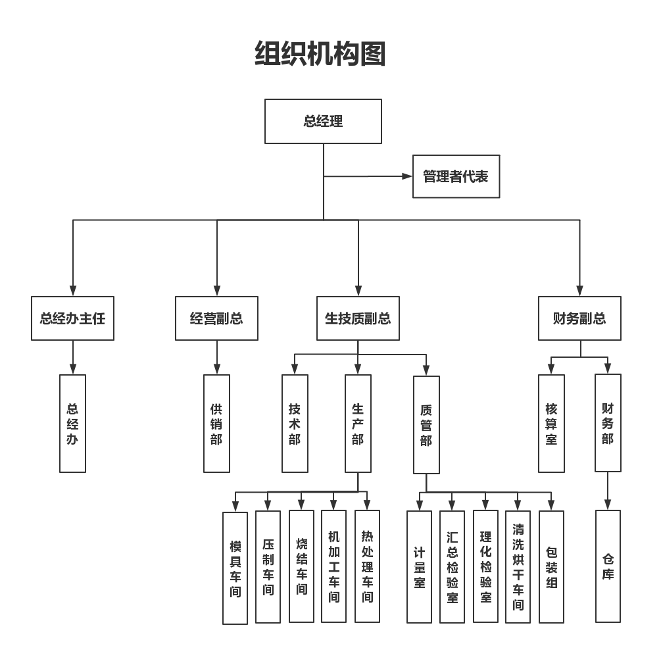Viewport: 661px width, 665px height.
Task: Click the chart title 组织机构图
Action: click(x=320, y=55)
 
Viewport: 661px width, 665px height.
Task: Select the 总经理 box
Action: click(x=323, y=122)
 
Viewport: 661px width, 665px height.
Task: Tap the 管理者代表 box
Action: click(x=456, y=176)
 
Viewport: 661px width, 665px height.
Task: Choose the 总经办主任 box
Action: click(x=72, y=318)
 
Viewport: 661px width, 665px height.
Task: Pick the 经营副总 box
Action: click(x=216, y=318)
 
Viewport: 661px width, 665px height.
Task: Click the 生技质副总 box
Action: click(x=358, y=318)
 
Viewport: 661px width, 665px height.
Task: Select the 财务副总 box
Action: click(x=579, y=318)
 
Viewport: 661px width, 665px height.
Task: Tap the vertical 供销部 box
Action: click(x=216, y=424)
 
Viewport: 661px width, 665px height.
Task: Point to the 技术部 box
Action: click(x=295, y=424)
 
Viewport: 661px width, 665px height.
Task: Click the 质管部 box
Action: click(x=426, y=425)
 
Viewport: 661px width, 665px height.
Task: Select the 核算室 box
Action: click(x=551, y=424)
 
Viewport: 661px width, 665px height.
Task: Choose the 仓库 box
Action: click(x=608, y=566)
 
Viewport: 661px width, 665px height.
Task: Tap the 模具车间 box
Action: click(x=235, y=568)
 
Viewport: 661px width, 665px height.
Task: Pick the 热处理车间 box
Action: click(x=367, y=566)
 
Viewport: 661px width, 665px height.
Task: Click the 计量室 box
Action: click(x=419, y=567)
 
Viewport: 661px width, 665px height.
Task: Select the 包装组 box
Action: click(x=551, y=567)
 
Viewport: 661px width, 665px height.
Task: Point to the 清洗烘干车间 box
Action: click(x=518, y=567)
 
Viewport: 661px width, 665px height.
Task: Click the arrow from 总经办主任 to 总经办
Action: click(x=72, y=358)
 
